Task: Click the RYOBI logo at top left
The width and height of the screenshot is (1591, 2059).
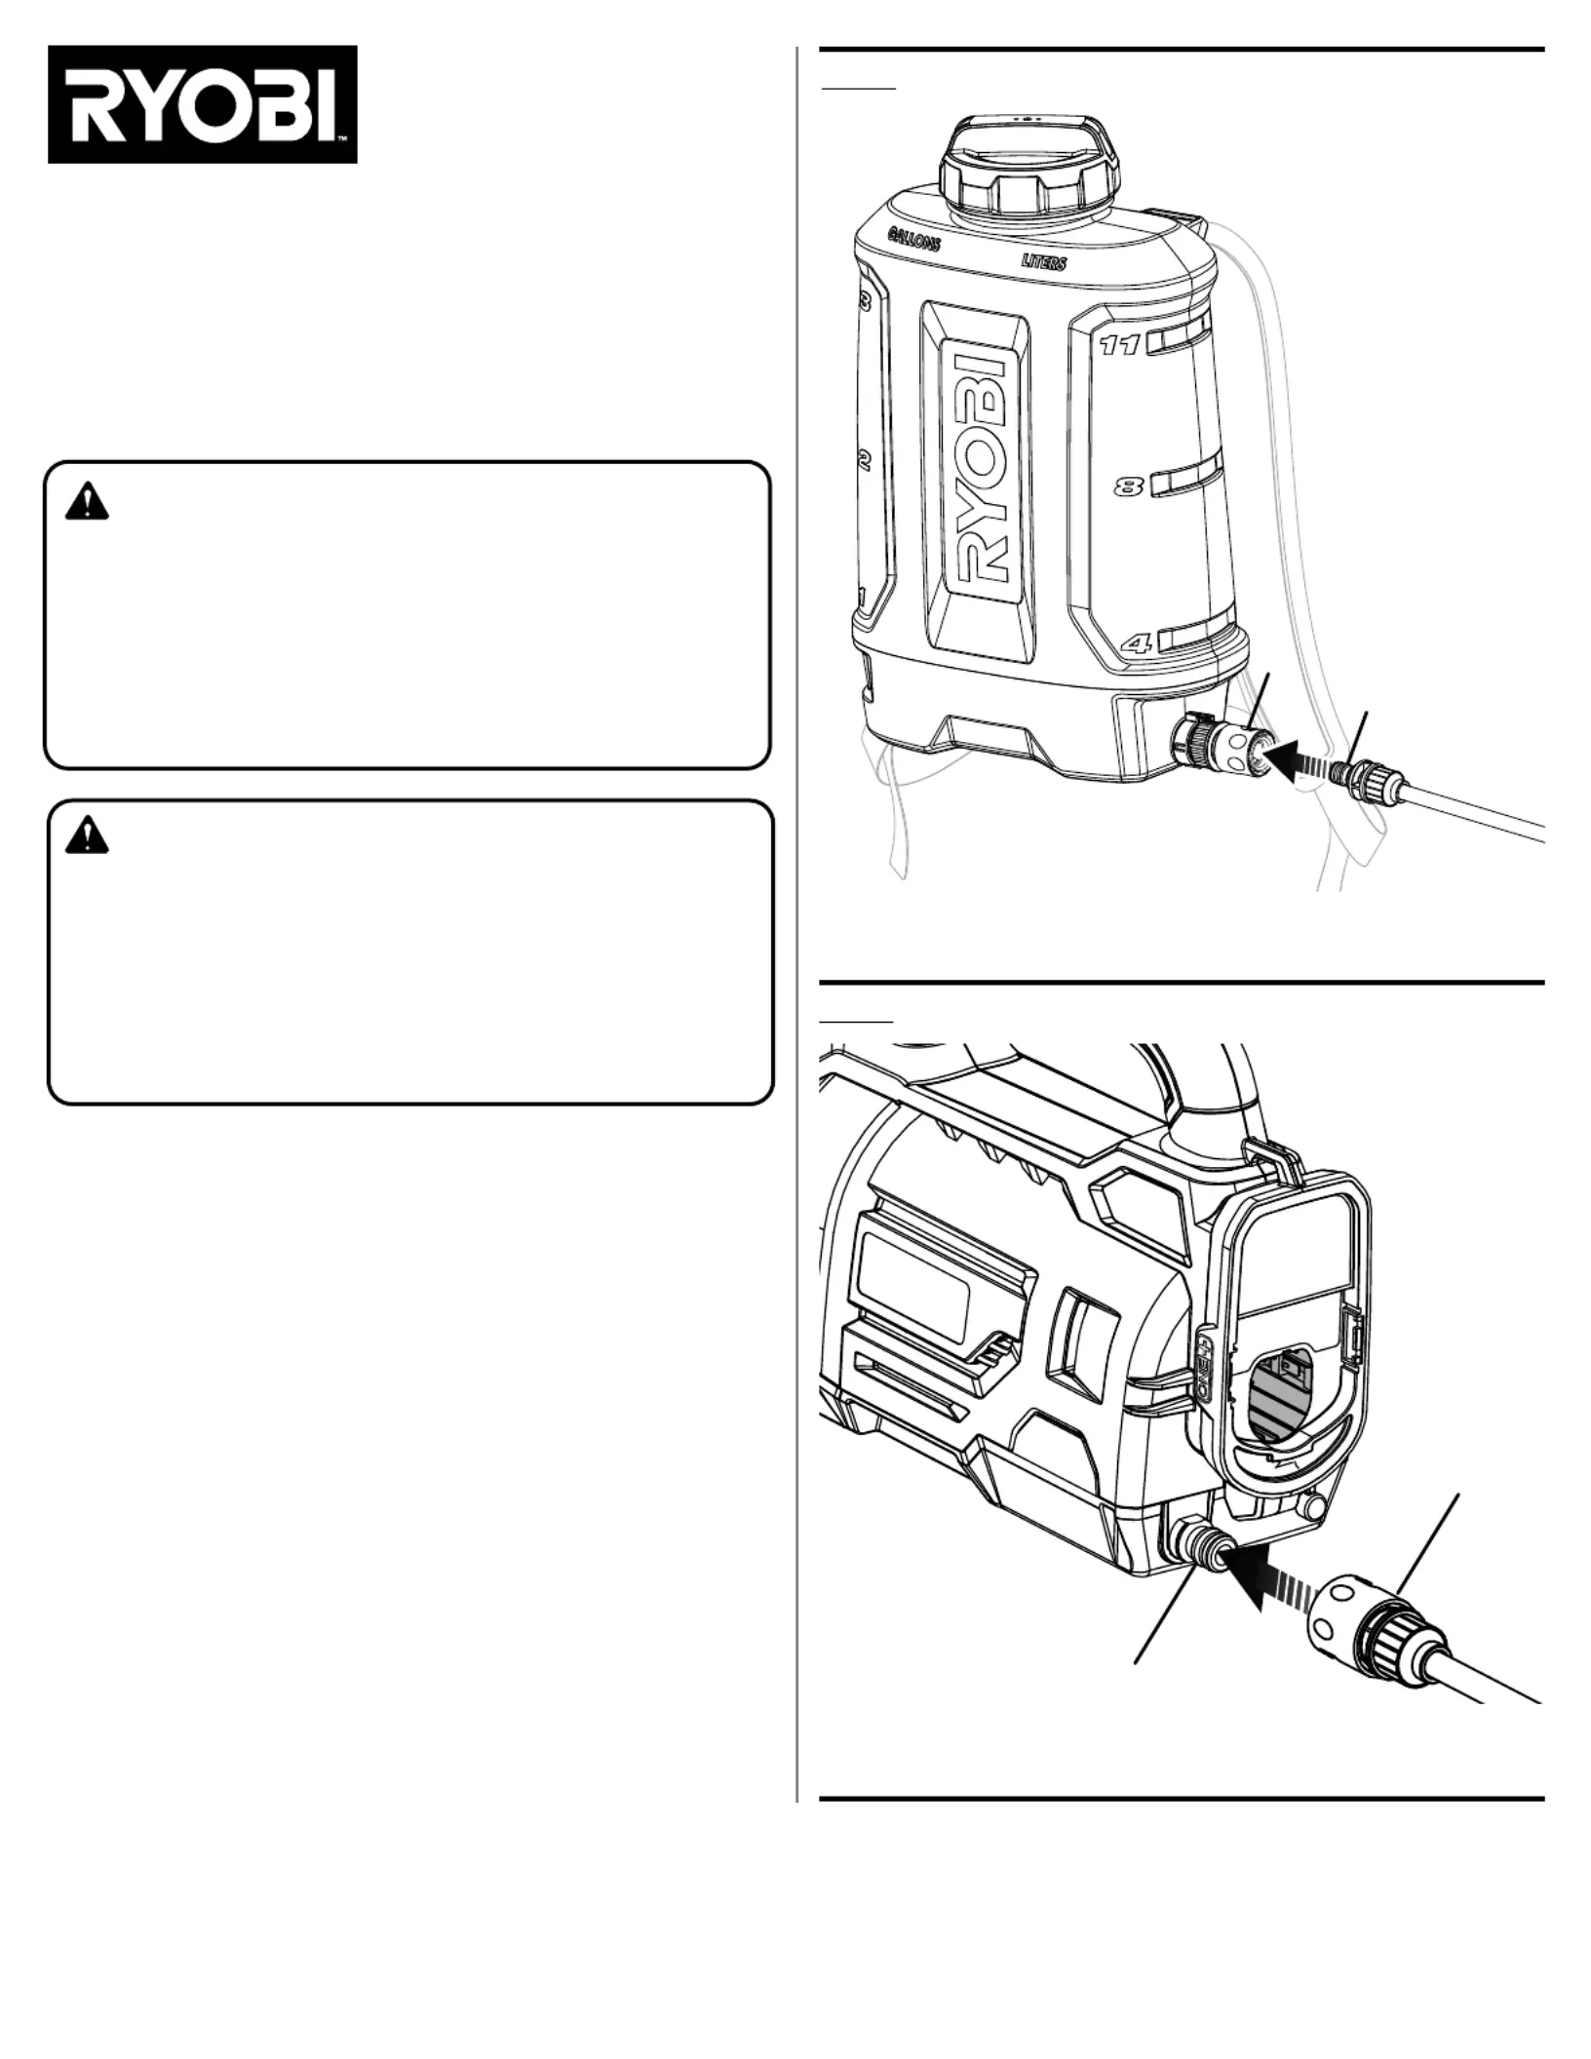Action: (202, 104)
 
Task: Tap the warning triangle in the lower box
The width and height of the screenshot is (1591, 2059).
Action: (87, 835)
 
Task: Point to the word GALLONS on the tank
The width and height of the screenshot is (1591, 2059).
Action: (913, 238)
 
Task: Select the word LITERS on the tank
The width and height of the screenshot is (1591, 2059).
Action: (1043, 261)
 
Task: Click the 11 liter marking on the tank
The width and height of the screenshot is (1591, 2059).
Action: (1119, 345)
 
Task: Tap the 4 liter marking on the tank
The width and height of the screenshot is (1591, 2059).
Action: (1137, 642)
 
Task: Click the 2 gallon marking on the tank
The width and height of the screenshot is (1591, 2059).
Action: (864, 461)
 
